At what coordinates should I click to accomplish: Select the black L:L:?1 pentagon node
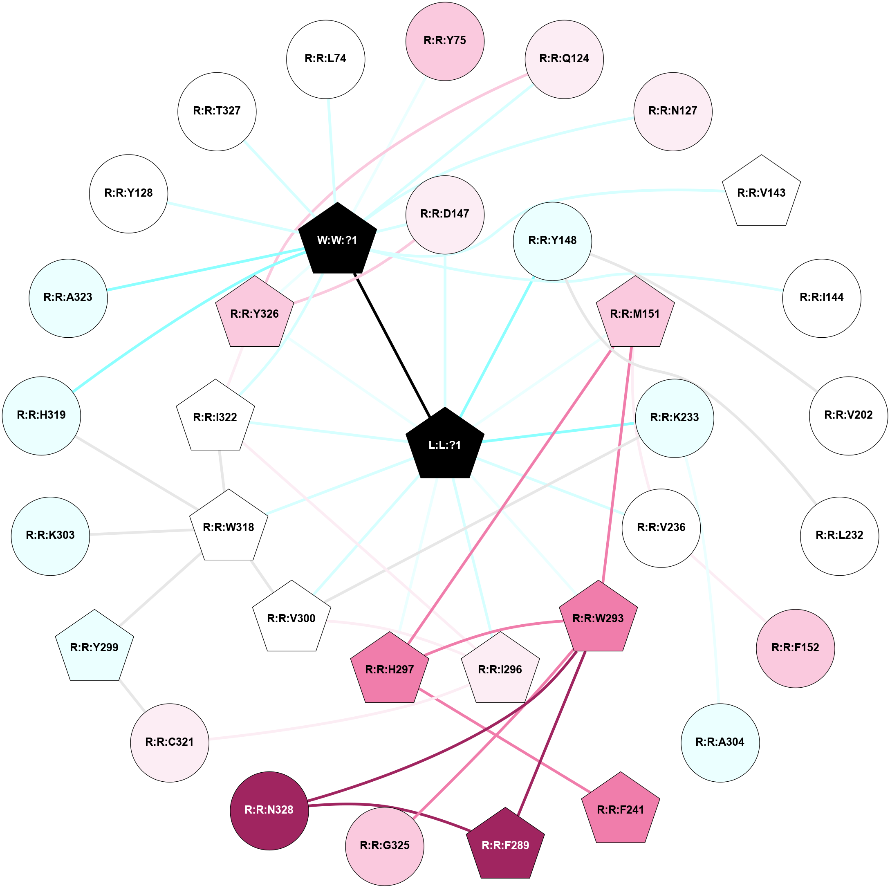click(444, 445)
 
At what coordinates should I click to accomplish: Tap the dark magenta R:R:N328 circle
click(269, 809)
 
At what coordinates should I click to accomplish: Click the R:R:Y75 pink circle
click(444, 41)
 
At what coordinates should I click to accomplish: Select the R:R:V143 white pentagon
click(761, 193)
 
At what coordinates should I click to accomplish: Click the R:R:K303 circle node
click(50, 535)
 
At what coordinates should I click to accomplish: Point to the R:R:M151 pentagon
click(635, 314)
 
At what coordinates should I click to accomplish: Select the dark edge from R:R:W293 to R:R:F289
click(552, 732)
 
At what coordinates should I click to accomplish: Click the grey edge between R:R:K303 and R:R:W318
click(141, 532)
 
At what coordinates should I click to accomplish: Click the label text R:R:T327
click(217, 111)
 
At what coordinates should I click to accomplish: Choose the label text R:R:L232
click(839, 535)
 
